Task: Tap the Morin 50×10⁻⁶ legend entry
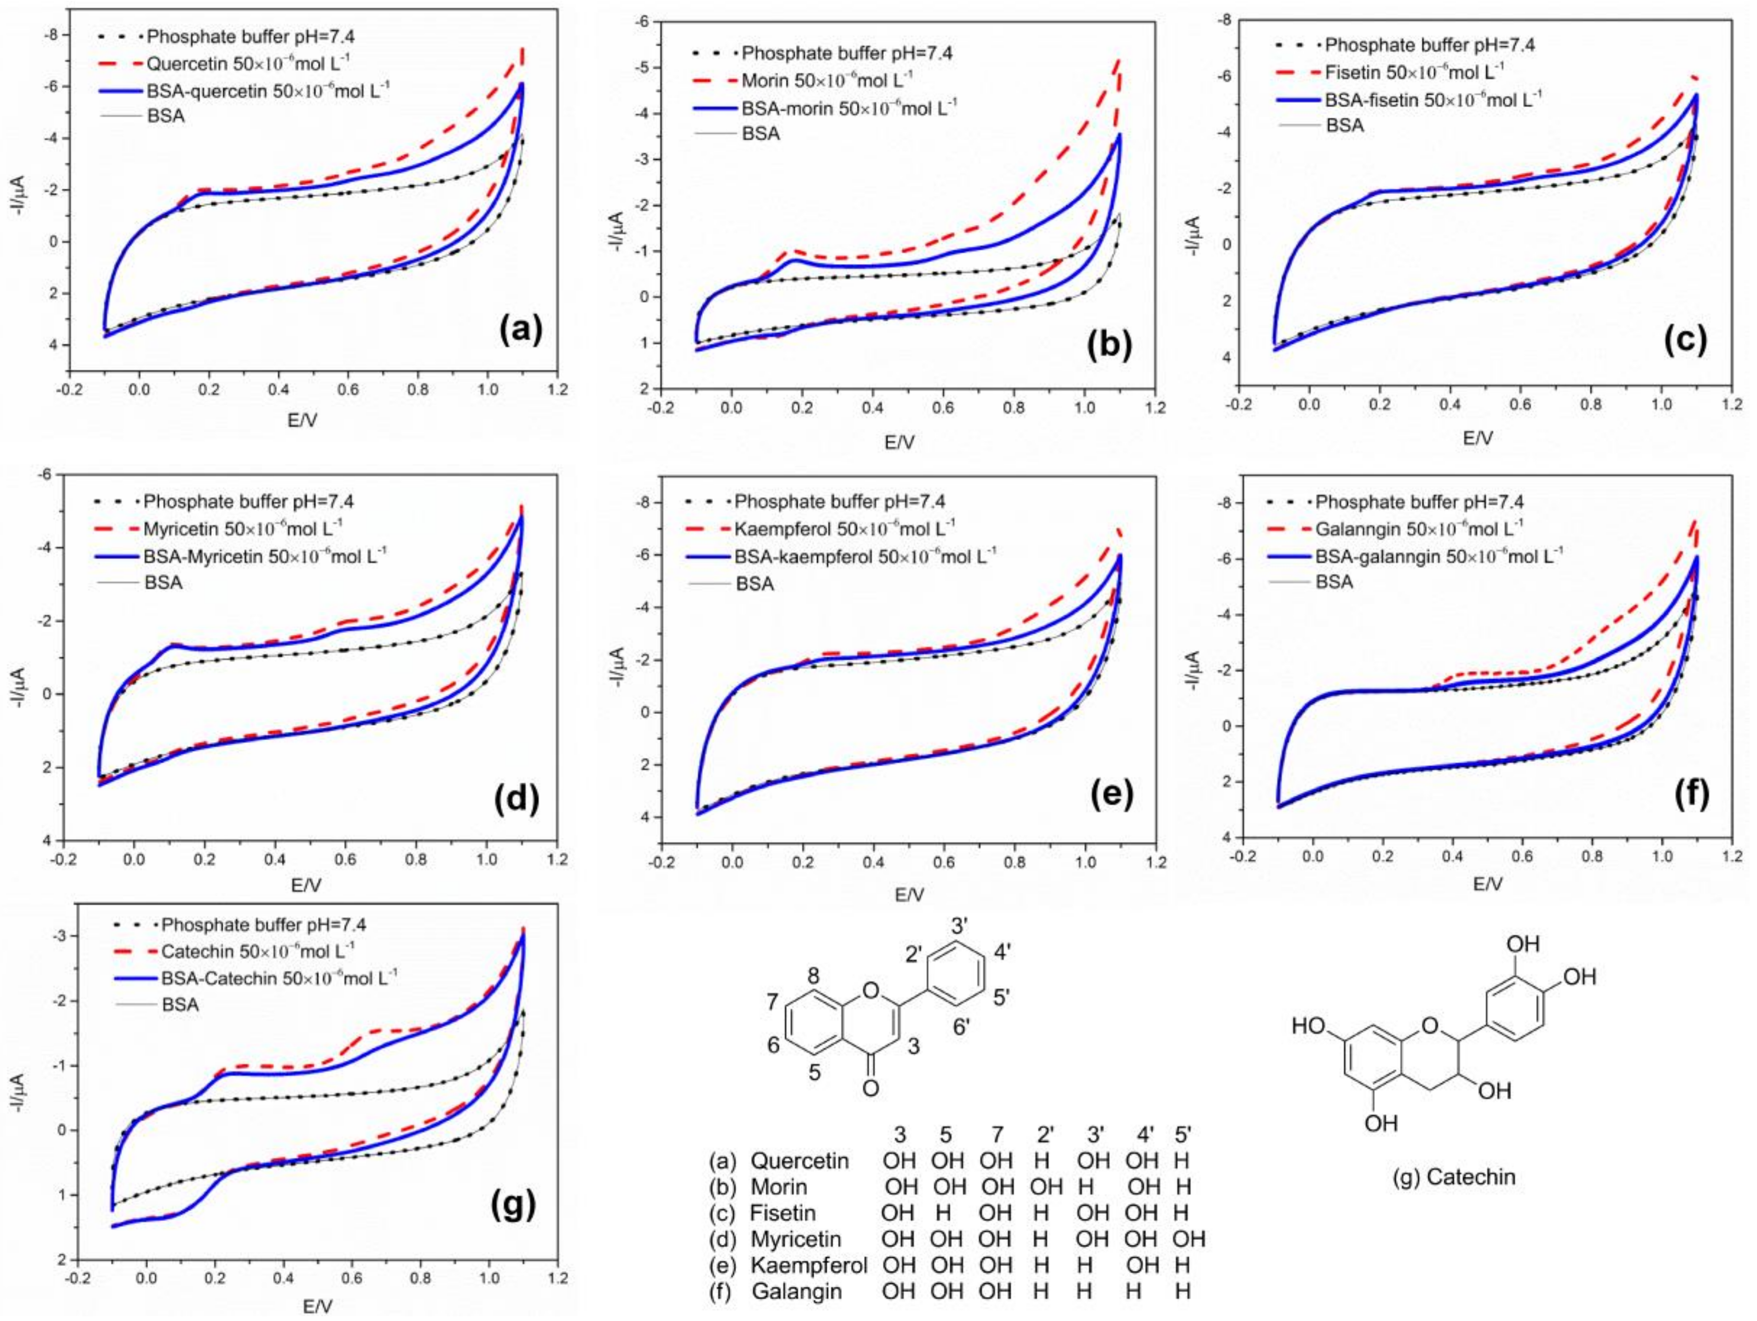(826, 80)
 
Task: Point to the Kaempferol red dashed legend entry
(844, 527)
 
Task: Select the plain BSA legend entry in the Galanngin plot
(1334, 582)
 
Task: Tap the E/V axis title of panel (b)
(899, 441)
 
